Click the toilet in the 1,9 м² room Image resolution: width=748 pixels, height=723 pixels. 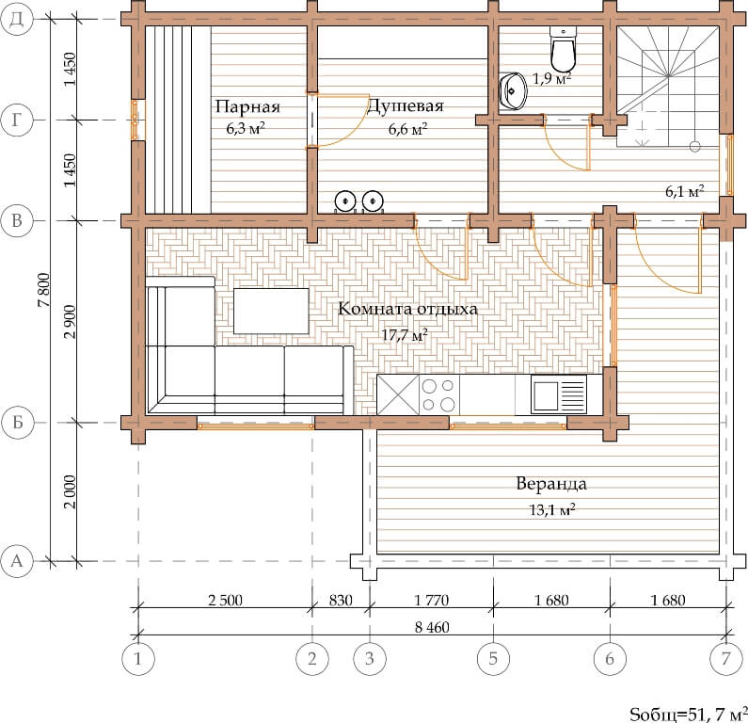tap(564, 49)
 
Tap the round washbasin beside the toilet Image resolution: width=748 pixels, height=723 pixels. tap(514, 90)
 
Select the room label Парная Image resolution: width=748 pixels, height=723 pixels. tap(247, 106)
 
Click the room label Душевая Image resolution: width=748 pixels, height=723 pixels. tap(405, 105)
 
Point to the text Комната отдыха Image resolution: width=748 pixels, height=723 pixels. tap(407, 309)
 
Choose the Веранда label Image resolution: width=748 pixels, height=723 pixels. tap(551, 484)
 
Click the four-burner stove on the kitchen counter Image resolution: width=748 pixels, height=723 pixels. tap(439, 394)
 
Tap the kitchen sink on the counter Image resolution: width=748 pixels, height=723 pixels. tap(559, 394)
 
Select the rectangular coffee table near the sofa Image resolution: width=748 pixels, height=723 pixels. tap(271, 312)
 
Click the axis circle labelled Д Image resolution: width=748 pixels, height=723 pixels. tap(17, 19)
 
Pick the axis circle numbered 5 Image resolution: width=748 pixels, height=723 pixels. tap(493, 659)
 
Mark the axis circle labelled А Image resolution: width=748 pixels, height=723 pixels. tap(17, 561)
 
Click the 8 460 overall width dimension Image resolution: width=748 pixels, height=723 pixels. tap(432, 627)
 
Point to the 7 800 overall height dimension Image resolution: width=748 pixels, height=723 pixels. tap(44, 290)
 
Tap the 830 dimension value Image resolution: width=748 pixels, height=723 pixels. tap(341, 600)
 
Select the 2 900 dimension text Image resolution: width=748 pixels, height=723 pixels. tap(70, 322)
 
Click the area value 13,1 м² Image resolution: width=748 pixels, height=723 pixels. tap(552, 509)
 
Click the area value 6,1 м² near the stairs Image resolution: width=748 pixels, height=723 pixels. tap(685, 191)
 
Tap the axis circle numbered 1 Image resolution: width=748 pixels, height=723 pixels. tap(138, 659)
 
